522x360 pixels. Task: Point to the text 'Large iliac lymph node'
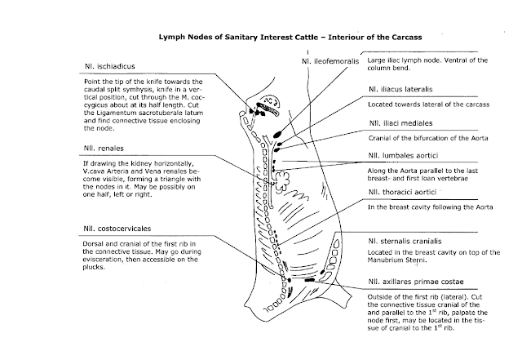[x=405, y=60]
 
